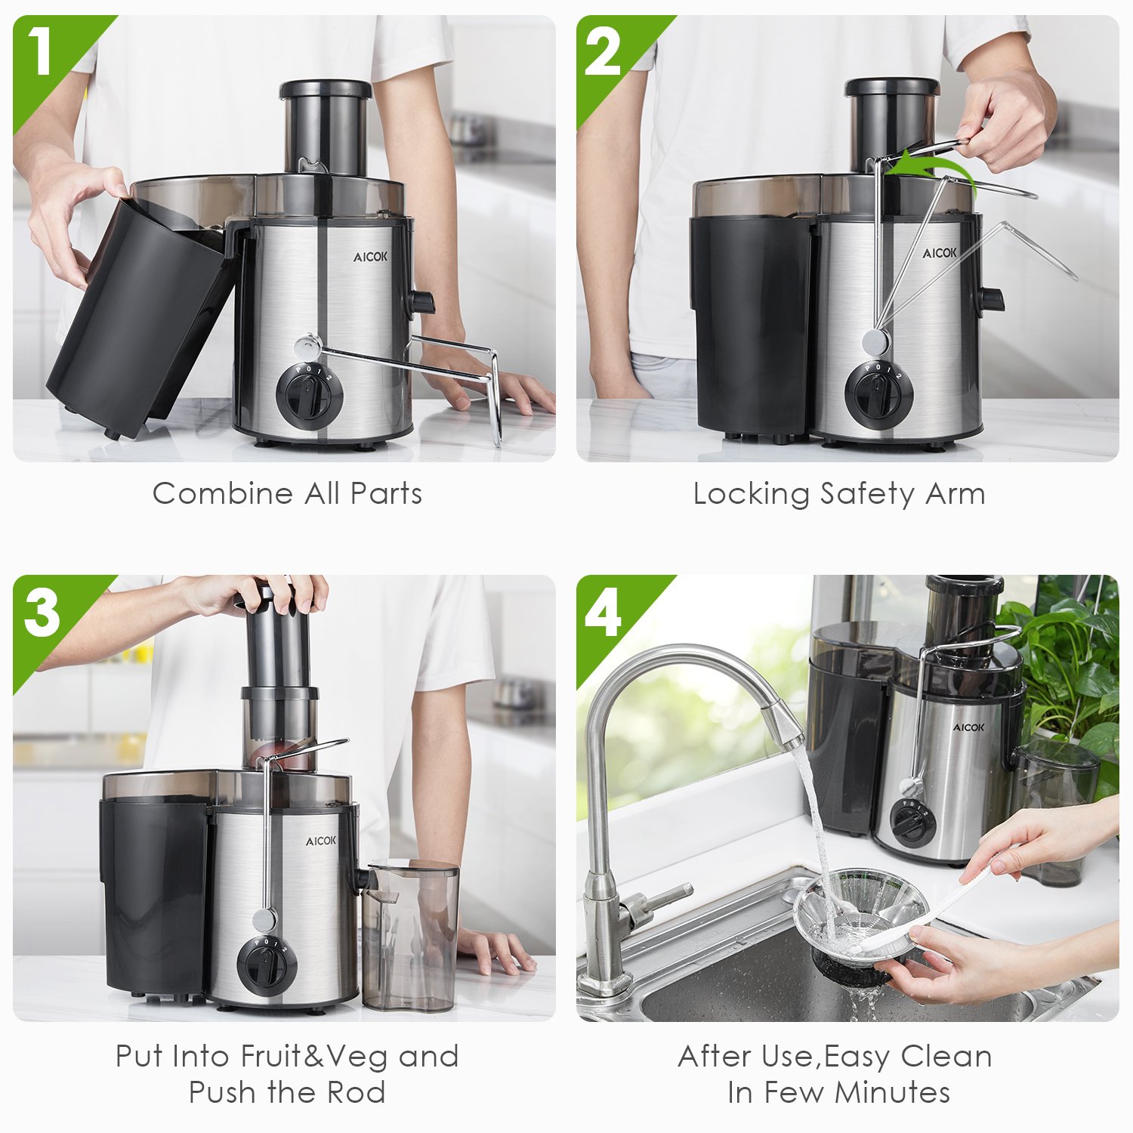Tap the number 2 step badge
click(603, 53)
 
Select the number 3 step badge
click(42, 612)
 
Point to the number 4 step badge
click(604, 613)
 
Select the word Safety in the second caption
click(867, 495)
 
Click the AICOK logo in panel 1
click(370, 257)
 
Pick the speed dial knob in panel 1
click(309, 395)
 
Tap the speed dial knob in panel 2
click(878, 394)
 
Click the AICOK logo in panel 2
click(939, 253)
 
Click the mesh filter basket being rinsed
click(861, 918)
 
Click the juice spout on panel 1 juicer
click(421, 302)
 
